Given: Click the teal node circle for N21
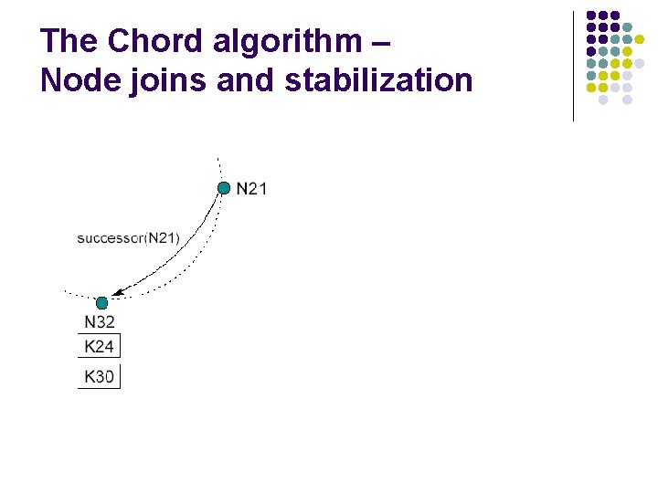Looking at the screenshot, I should [224, 188].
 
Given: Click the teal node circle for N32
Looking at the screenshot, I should [102, 302].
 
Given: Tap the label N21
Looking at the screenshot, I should [251, 189].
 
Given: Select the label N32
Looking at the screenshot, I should [100, 321].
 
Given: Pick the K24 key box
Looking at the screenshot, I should [99, 346].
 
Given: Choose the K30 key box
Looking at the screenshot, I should [99, 376].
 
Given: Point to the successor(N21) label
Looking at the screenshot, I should [128, 238].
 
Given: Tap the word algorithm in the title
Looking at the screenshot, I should [284, 41].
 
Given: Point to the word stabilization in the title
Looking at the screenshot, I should [378, 80].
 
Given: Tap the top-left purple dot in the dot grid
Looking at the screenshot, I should [591, 16].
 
